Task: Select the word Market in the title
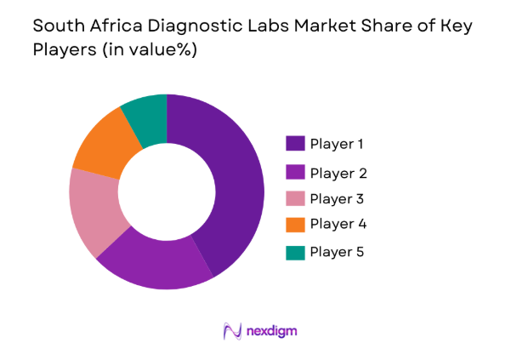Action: (x=313, y=26)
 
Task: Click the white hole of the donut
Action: (x=167, y=192)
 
